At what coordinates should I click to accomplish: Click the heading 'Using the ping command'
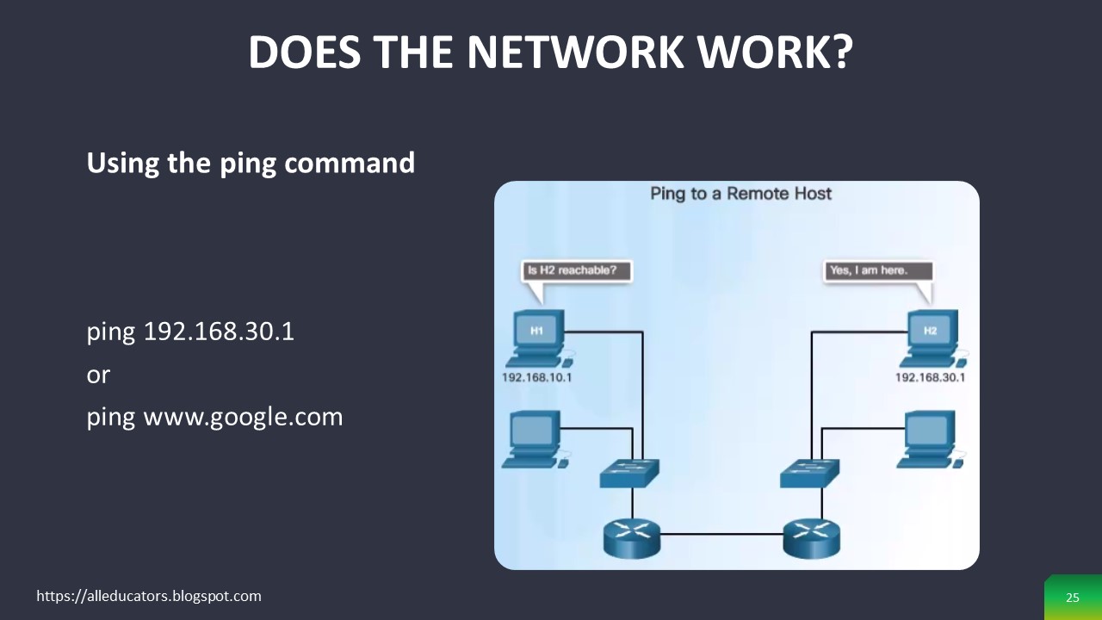(x=251, y=163)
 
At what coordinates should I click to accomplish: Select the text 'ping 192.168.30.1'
(x=190, y=332)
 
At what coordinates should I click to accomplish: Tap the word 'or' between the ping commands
(x=98, y=375)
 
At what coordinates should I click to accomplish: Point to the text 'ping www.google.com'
(x=214, y=418)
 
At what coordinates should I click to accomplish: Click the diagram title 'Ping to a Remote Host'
(x=740, y=194)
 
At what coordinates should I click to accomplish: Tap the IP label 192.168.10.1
(x=537, y=377)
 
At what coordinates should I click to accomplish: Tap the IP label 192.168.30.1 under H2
(x=930, y=377)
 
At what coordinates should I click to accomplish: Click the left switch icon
(x=629, y=473)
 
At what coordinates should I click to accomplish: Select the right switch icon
(x=809, y=473)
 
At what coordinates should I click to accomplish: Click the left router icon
(x=632, y=536)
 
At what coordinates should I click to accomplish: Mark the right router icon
(x=811, y=536)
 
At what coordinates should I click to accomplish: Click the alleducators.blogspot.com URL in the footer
(x=149, y=596)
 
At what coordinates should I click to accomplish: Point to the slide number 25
(x=1072, y=598)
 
